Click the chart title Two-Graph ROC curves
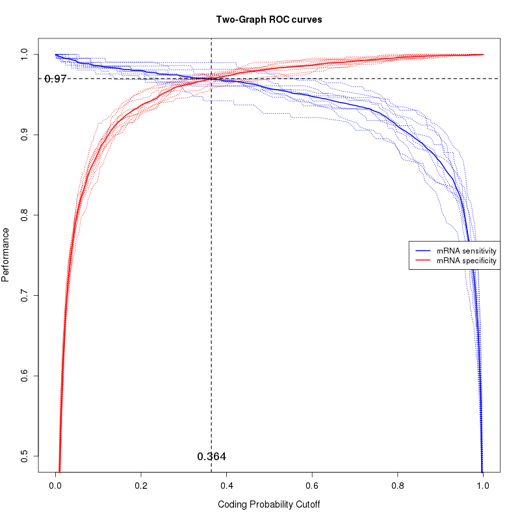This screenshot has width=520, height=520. tap(268, 19)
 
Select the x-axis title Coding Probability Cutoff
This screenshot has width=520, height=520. tap(268, 504)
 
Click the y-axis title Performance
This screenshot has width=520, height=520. tap(6, 254)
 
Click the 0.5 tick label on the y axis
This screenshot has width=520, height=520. tap(24, 456)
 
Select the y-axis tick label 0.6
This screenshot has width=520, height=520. tap(24, 376)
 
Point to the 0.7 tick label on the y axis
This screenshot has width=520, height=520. tap(24, 296)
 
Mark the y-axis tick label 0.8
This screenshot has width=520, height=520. tap(24, 215)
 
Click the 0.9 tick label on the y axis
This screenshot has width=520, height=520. tap(24, 135)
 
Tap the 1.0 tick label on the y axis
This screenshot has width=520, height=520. tap(24, 54)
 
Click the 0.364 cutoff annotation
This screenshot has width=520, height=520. tap(211, 457)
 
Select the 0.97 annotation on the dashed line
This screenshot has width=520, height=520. tap(56, 79)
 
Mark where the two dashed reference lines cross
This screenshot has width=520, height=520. tap(211, 79)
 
